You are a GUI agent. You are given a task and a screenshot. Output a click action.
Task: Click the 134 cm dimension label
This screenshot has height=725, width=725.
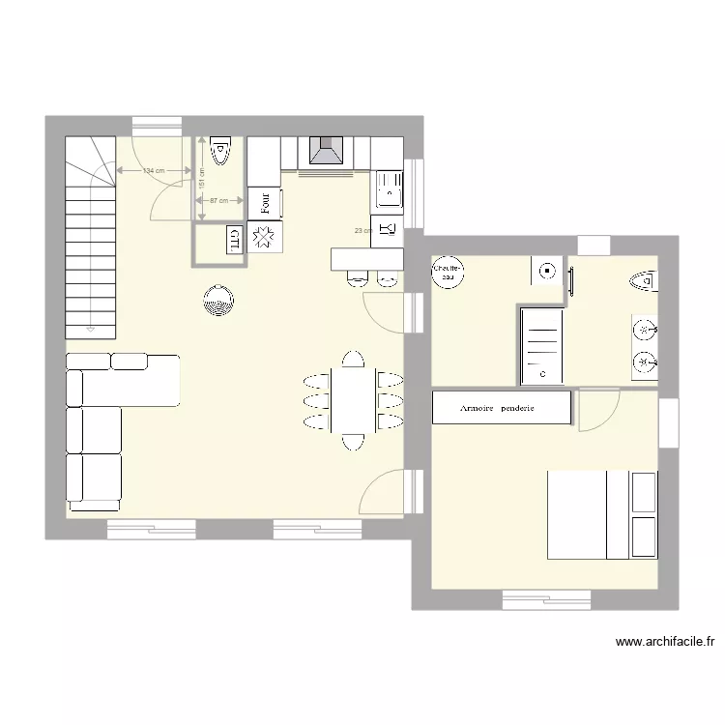click(152, 171)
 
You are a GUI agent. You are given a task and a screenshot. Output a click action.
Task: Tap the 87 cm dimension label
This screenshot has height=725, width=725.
click(218, 201)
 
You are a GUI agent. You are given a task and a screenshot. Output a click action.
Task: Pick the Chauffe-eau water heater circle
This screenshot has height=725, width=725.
click(447, 271)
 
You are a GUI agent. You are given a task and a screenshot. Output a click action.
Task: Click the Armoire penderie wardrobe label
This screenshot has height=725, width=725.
click(499, 408)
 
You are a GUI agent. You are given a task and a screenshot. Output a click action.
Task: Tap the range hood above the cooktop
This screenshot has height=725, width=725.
click(325, 152)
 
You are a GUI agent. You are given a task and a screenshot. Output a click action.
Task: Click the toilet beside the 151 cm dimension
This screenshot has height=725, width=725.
click(221, 151)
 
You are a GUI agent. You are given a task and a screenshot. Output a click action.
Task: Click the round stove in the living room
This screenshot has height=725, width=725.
click(218, 301)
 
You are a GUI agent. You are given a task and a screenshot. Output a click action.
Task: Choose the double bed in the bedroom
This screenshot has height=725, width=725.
click(601, 514)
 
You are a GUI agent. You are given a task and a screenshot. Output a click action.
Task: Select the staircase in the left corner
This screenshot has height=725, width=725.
click(89, 237)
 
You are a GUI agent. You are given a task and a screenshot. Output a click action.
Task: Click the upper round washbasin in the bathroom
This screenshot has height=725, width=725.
click(645, 330)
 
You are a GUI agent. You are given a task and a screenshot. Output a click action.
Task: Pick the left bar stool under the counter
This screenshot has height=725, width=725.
click(355, 278)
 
